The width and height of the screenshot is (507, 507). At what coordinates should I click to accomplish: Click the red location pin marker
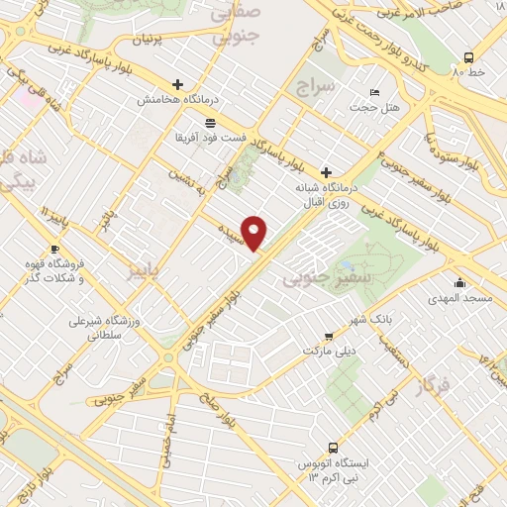click(255, 233)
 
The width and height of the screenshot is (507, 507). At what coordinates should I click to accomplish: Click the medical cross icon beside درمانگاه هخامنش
click(177, 84)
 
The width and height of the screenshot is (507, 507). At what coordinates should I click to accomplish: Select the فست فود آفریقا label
click(211, 137)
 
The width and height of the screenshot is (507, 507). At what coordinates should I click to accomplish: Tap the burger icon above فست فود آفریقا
click(211, 121)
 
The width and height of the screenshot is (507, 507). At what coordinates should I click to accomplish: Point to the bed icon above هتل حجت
click(359, 89)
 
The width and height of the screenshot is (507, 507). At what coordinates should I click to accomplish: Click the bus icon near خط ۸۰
click(471, 57)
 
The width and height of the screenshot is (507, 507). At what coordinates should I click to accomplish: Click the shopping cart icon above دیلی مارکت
click(329, 335)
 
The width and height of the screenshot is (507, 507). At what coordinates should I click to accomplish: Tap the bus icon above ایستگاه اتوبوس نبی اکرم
click(327, 448)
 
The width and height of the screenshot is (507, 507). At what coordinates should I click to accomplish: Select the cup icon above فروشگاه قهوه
click(54, 249)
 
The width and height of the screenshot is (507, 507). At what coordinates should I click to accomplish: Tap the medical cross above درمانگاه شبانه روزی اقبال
click(326, 170)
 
